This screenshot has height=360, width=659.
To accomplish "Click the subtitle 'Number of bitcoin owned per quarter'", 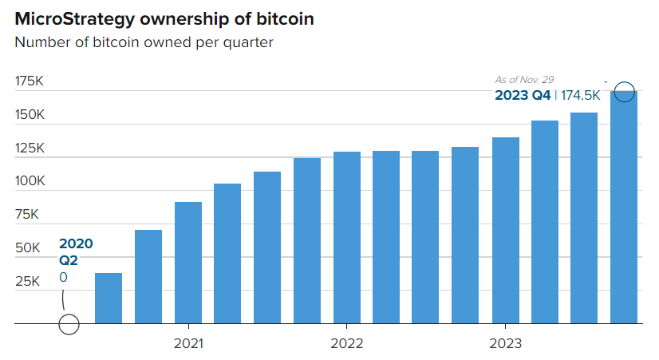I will (144, 42).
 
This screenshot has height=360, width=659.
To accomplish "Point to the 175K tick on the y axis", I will (30, 81).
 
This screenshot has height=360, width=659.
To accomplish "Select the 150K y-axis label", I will (30, 115).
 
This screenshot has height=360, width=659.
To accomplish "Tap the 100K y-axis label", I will (30, 181).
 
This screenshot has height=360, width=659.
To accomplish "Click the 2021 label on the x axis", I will (187, 344).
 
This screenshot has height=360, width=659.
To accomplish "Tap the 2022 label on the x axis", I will (346, 344).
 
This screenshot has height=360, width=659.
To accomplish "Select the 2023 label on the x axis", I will (505, 344).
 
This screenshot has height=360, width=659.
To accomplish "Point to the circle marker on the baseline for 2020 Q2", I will (69, 324).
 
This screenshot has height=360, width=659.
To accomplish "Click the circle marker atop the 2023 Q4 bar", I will (625, 92).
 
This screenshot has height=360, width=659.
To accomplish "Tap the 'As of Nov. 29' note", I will (524, 80).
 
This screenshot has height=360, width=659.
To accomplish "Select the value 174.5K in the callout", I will (580, 96).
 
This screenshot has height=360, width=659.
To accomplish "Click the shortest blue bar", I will (109, 299).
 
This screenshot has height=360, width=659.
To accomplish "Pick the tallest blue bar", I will (624, 208).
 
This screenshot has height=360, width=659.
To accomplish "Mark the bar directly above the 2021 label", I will (188, 263).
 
